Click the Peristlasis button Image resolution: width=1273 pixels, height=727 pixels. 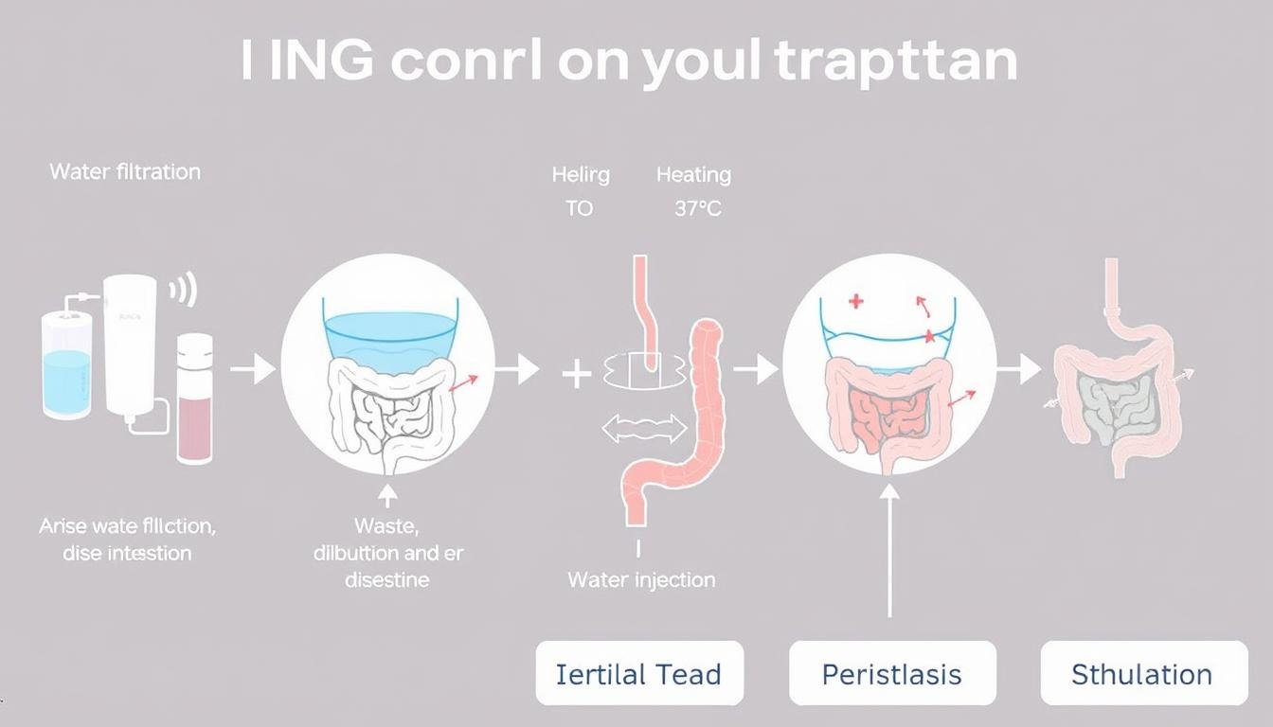[891, 674]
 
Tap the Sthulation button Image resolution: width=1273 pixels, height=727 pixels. [1142, 674]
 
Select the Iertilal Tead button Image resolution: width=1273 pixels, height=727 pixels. [639, 674]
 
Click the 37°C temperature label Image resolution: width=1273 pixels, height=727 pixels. [698, 208]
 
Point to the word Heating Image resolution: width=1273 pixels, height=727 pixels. [693, 175]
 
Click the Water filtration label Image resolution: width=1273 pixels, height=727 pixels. [125, 171]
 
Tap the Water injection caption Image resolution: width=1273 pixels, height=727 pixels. [641, 579]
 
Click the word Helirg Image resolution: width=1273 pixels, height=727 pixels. [581, 175]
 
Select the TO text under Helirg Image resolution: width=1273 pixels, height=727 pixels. [579, 208]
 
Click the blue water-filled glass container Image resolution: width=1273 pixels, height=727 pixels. [67, 369]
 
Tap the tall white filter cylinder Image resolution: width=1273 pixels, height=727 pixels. [130, 346]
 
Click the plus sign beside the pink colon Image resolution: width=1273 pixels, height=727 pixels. [577, 374]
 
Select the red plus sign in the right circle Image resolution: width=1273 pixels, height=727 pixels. [856, 302]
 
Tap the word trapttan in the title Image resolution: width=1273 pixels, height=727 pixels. [895, 62]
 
